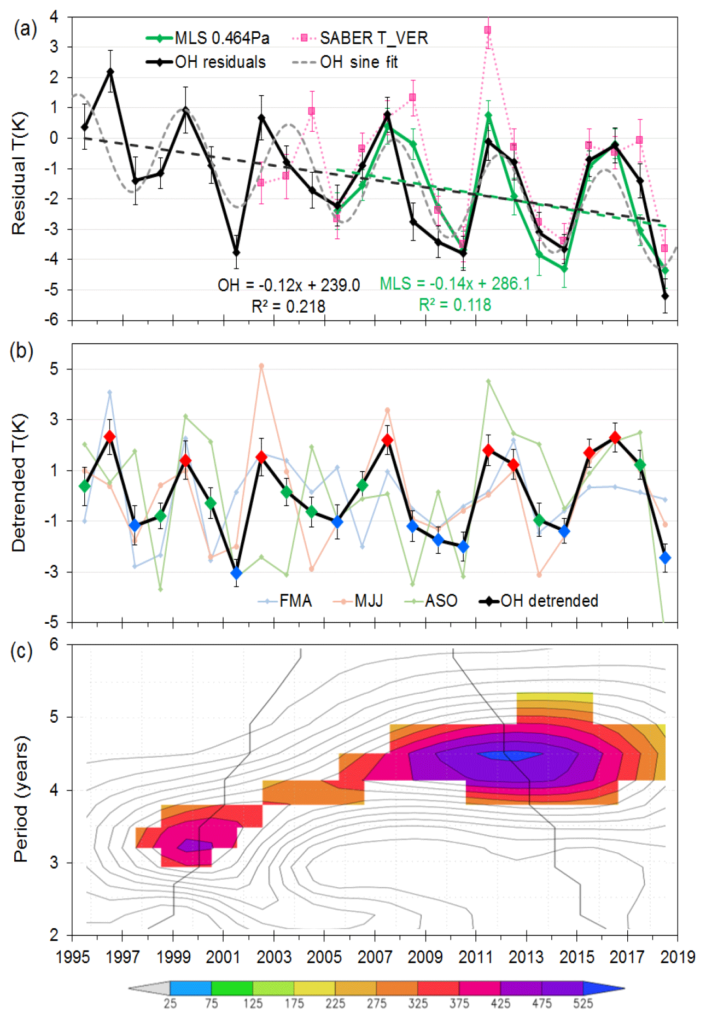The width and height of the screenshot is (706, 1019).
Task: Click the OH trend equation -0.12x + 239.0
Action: coord(289,285)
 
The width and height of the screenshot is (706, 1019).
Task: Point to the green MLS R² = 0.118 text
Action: coord(455,305)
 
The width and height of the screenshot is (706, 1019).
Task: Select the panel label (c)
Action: coord(21,651)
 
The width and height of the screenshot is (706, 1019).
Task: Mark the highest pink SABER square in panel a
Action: coord(488,30)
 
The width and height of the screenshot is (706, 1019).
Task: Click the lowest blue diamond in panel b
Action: coord(236,573)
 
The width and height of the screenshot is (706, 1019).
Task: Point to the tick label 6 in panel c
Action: coord(54,645)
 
